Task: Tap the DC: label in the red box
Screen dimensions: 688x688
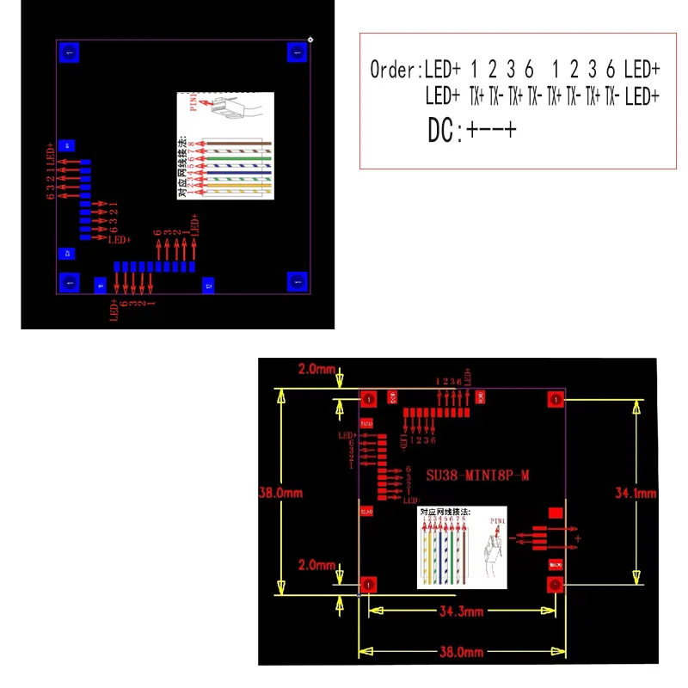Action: pyautogui.click(x=445, y=131)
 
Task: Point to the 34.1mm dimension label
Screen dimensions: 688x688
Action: pyautogui.click(x=635, y=493)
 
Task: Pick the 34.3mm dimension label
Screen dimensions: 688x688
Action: pyautogui.click(x=462, y=611)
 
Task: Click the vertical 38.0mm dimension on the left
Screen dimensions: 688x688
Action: pyautogui.click(x=279, y=494)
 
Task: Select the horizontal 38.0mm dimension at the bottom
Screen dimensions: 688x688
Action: pyautogui.click(x=462, y=652)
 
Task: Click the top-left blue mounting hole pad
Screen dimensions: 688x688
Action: pyautogui.click(x=69, y=53)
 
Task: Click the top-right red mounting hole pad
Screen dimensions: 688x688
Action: pyautogui.click(x=555, y=399)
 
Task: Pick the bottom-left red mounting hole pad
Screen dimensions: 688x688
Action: pyautogui.click(x=369, y=585)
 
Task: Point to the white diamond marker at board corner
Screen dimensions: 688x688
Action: pyautogui.click(x=310, y=39)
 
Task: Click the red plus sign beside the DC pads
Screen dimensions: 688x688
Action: pyautogui.click(x=578, y=538)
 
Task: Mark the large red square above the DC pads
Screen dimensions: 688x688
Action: pyautogui.click(x=556, y=513)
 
